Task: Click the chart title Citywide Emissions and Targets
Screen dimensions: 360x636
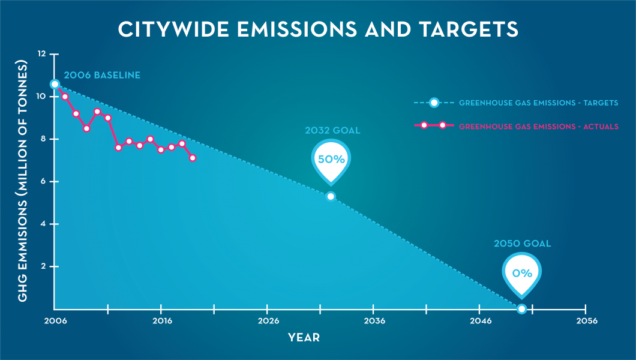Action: (317, 29)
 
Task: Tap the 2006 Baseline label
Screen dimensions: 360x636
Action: (102, 76)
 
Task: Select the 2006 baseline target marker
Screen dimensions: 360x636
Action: (55, 84)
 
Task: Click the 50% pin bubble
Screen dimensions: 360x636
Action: (331, 160)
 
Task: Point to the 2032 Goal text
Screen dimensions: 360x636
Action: (332, 130)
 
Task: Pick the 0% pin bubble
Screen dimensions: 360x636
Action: (522, 273)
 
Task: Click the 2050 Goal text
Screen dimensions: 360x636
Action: (522, 244)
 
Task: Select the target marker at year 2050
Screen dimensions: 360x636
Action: (521, 308)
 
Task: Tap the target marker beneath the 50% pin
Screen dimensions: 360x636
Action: (331, 196)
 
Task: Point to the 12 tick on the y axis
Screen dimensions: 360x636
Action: (41, 54)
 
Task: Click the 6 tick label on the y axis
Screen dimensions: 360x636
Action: (42, 181)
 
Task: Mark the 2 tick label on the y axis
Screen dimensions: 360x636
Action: (42, 266)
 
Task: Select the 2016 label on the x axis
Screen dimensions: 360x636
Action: (161, 322)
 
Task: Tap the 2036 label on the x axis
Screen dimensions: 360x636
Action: (374, 322)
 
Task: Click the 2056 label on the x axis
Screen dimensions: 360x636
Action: (586, 322)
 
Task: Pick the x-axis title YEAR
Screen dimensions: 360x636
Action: (304, 338)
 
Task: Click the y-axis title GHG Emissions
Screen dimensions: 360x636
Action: (22, 181)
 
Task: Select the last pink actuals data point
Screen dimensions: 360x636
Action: (193, 158)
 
